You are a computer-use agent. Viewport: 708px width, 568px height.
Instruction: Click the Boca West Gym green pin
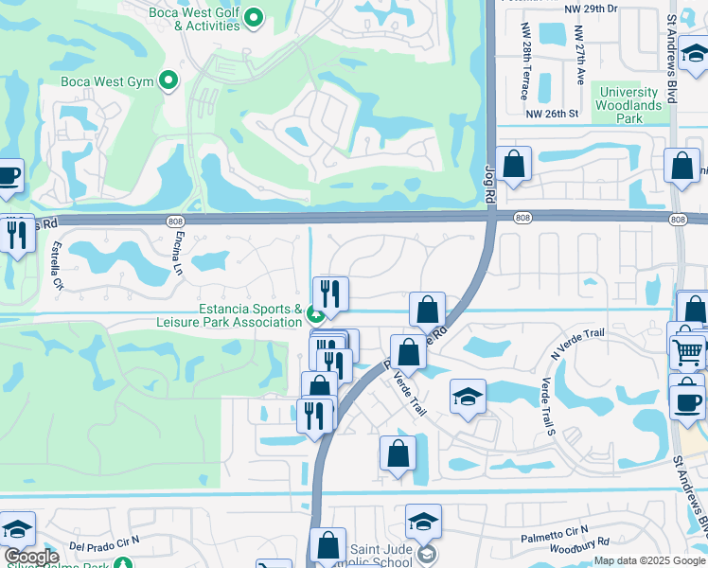pos(169,81)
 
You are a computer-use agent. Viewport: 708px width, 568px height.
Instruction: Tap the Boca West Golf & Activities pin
pos(254,17)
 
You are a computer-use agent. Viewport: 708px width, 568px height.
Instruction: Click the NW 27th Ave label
pos(579,58)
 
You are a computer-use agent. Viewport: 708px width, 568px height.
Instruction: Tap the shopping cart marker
pos(689,352)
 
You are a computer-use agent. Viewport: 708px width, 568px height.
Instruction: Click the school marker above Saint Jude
pos(423,521)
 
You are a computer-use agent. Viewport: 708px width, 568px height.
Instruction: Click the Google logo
pos(31,558)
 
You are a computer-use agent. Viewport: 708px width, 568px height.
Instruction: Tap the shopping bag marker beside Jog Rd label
pos(513,165)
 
